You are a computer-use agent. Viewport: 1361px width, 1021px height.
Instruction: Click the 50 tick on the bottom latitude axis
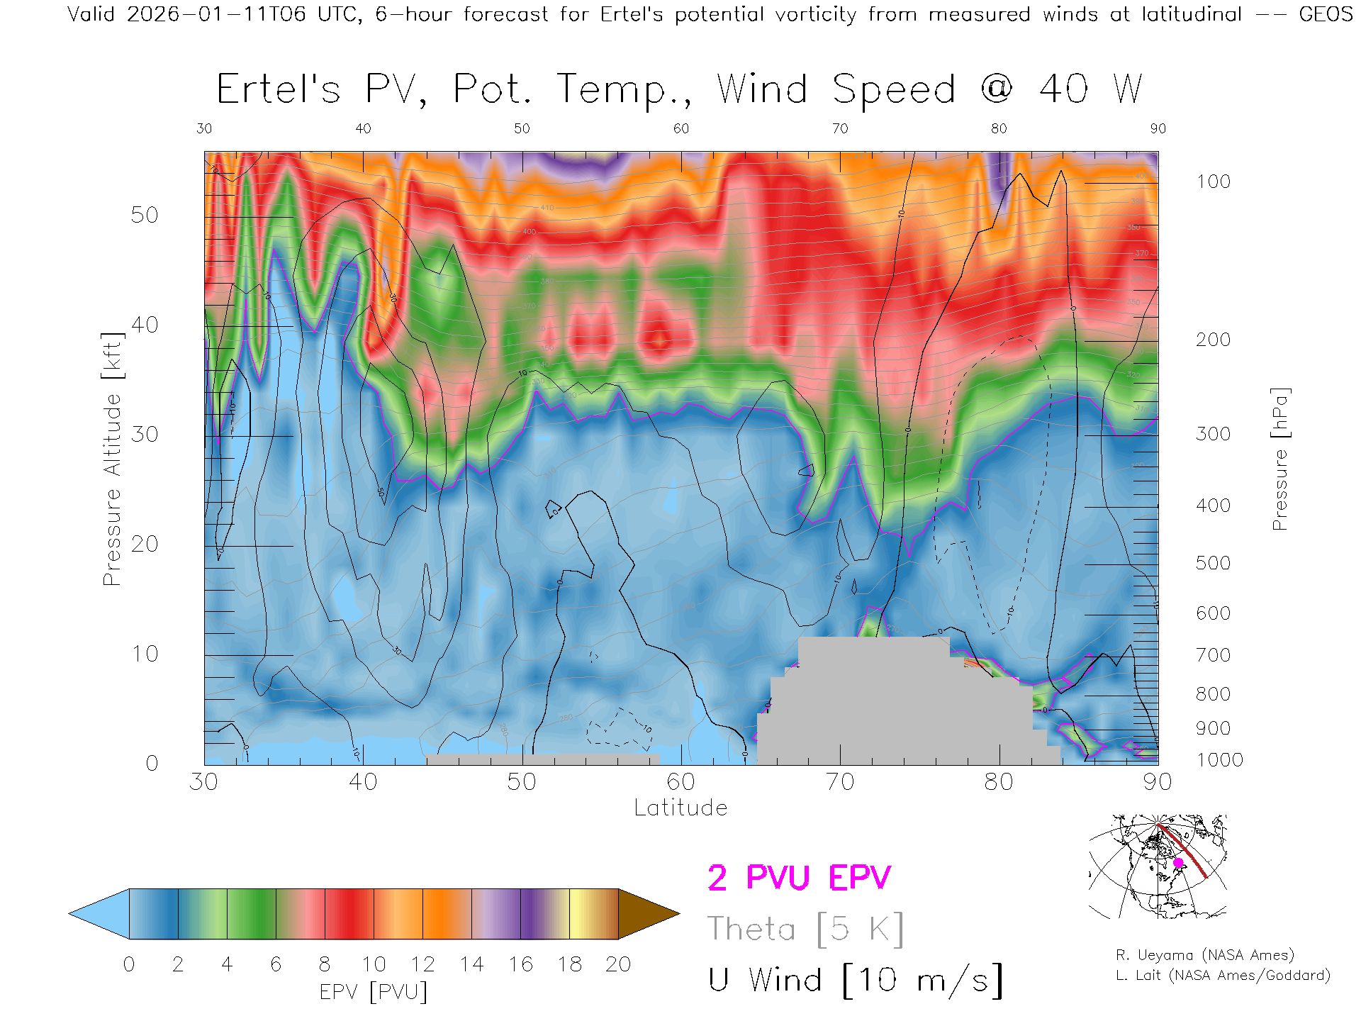(x=522, y=781)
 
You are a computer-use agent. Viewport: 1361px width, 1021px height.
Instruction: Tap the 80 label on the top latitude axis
(x=998, y=128)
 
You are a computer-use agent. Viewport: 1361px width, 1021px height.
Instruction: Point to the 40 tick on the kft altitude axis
(x=145, y=325)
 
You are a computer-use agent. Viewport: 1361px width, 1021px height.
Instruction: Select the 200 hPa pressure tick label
(x=1213, y=340)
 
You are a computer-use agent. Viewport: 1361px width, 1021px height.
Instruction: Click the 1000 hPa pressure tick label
(x=1219, y=760)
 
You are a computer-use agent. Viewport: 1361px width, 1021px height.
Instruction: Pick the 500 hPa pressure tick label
(x=1213, y=563)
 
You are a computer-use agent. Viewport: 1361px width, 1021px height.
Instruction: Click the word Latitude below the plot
(x=680, y=808)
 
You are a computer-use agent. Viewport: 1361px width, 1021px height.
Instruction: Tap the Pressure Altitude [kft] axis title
(x=112, y=459)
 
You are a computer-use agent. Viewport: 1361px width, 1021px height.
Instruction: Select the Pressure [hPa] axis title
(x=1279, y=459)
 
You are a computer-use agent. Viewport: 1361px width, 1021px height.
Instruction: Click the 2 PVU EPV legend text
(x=799, y=878)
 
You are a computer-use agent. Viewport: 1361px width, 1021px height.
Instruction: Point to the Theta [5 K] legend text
(x=805, y=929)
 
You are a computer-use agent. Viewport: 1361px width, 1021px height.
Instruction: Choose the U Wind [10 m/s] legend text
(x=856, y=981)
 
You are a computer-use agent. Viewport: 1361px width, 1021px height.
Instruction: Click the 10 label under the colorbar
(x=374, y=964)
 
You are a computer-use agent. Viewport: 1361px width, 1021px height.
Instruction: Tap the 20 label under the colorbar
(x=618, y=964)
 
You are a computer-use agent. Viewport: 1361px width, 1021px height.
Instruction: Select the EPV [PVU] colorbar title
(x=374, y=992)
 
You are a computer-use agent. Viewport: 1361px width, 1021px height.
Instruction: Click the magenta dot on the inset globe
(x=1178, y=863)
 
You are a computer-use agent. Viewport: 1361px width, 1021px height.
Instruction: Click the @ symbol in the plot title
(x=997, y=89)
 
